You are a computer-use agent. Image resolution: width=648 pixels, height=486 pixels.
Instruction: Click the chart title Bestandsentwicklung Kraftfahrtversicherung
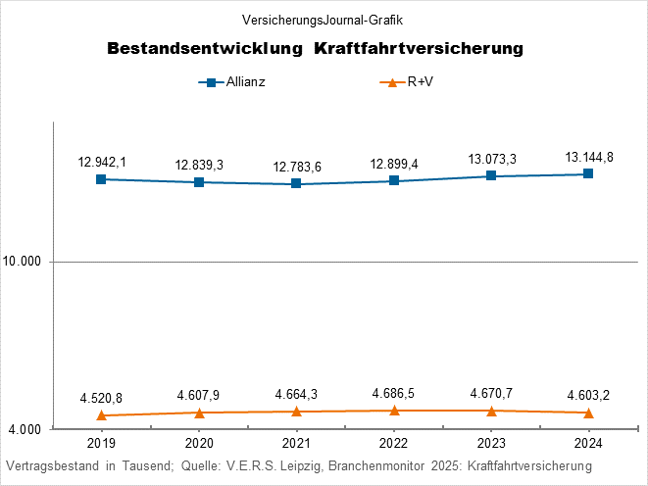(314, 48)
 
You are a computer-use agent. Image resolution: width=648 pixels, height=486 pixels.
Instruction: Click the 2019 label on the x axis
(101, 442)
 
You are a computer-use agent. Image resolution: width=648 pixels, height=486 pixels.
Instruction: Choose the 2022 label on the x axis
(394, 442)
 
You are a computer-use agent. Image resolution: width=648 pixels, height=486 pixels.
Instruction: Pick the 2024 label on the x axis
(588, 442)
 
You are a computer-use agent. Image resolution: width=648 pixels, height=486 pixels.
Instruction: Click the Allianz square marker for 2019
(101, 179)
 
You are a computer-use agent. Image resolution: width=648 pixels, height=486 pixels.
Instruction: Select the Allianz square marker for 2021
(296, 184)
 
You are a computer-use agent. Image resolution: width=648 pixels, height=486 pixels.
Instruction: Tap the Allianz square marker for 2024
(588, 173)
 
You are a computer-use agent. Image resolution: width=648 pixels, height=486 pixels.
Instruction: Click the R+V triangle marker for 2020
(199, 413)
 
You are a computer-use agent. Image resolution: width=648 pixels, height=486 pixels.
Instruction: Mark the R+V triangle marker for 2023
(491, 411)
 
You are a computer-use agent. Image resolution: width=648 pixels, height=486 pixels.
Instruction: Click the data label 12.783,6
(297, 167)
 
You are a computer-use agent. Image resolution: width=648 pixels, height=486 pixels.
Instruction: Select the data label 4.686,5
(394, 394)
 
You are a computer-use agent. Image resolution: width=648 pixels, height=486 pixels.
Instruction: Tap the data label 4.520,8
(102, 398)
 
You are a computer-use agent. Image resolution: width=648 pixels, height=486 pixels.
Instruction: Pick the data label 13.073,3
(491, 159)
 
